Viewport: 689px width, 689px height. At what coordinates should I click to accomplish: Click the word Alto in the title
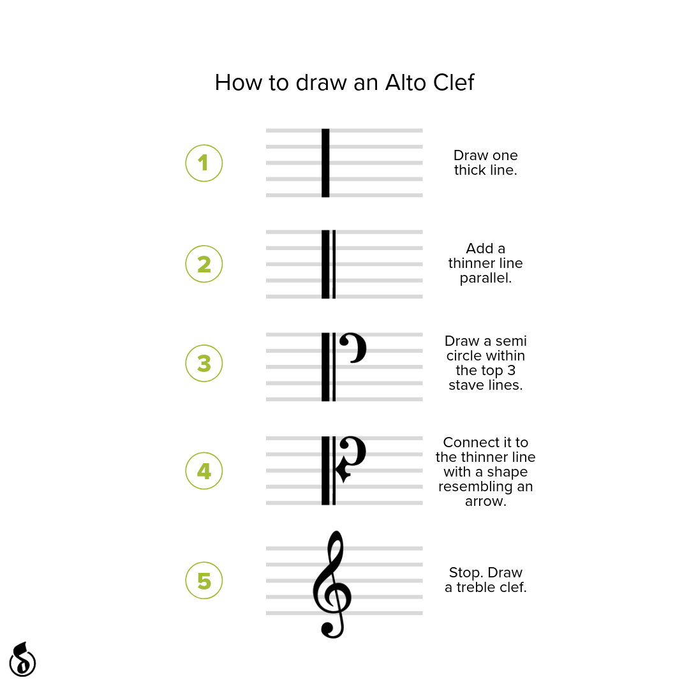(x=406, y=82)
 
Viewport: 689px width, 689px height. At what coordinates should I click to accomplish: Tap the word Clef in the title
(x=454, y=82)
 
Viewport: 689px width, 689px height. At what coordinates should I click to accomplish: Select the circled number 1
(x=204, y=163)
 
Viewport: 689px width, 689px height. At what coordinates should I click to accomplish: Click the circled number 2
(x=204, y=264)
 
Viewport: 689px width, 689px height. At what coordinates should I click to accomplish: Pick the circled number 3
(x=204, y=364)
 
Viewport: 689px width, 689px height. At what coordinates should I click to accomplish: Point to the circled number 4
(x=204, y=471)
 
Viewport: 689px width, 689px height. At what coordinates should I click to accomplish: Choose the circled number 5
(x=204, y=581)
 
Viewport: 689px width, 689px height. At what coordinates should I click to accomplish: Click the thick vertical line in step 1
(x=325, y=163)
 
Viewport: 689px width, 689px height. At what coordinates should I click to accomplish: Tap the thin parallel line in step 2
(x=334, y=264)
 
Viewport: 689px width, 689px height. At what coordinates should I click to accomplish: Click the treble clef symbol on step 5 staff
(x=332, y=584)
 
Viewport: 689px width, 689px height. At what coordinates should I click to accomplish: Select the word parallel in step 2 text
(x=485, y=278)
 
